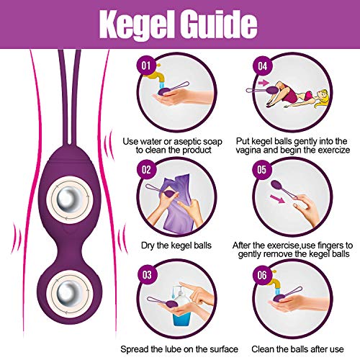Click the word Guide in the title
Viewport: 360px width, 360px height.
pyautogui.click(x=218, y=23)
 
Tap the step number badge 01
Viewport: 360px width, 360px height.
pyautogui.click(x=146, y=66)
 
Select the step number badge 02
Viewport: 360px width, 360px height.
pyautogui.click(x=146, y=170)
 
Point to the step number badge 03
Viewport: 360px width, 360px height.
pyautogui.click(x=147, y=275)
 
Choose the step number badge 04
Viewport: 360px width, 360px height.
pyautogui.click(x=262, y=66)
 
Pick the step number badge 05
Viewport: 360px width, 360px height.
pyautogui.click(x=262, y=170)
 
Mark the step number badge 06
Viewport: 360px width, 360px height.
pyautogui.click(x=262, y=275)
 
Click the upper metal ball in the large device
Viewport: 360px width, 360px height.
pyautogui.click(x=70, y=200)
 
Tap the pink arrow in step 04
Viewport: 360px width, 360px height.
pyautogui.click(x=264, y=83)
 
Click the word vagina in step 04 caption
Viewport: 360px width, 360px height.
pyautogui.click(x=248, y=150)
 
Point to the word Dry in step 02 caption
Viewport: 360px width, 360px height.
pyautogui.click(x=148, y=246)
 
